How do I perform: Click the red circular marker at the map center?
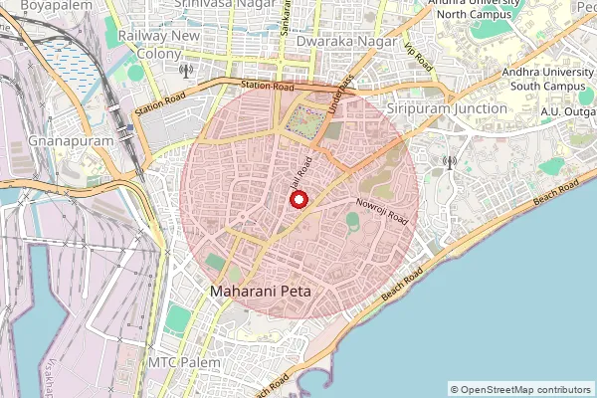(298, 199)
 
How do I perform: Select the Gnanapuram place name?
(72, 140)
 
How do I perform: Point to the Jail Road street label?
(302, 172)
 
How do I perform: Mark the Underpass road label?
(339, 93)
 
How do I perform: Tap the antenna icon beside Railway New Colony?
(185, 71)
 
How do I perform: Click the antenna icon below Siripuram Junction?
(449, 162)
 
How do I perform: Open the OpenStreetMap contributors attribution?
(520, 389)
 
